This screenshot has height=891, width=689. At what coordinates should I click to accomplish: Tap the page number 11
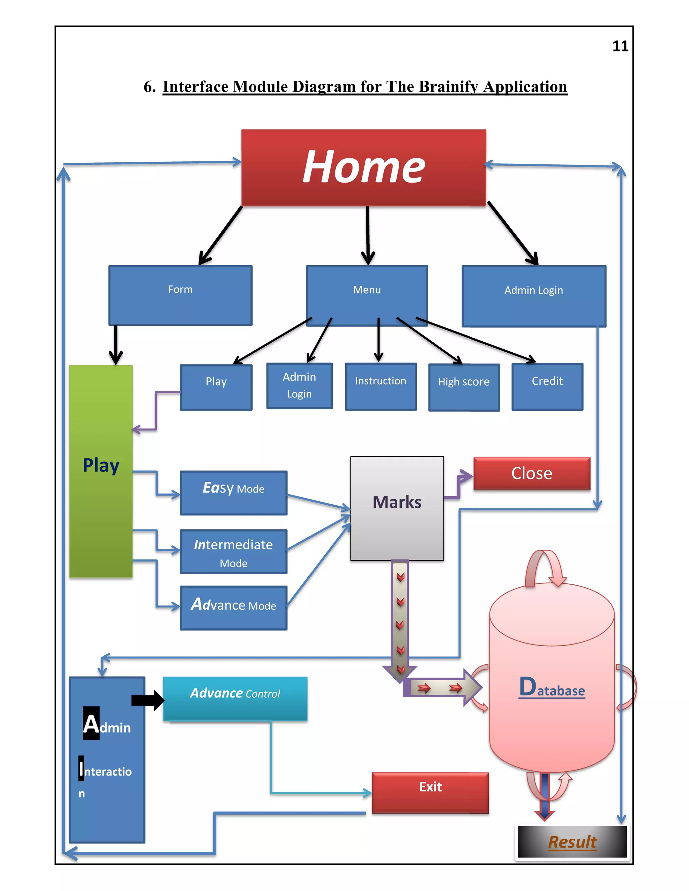pyautogui.click(x=620, y=46)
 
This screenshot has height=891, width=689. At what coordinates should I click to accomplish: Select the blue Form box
pyautogui.click(x=180, y=295)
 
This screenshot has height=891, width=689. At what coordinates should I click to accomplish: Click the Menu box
pyautogui.click(x=367, y=295)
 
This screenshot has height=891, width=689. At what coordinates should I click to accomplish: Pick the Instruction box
pyautogui.click(x=380, y=386)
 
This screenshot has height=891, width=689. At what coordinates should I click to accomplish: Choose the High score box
pyautogui.click(x=464, y=387)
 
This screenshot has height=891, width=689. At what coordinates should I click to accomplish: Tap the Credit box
pyautogui.click(x=547, y=386)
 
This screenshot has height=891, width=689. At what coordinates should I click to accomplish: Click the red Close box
pyautogui.click(x=532, y=473)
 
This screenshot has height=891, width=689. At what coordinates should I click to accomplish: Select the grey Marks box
pyautogui.click(x=397, y=508)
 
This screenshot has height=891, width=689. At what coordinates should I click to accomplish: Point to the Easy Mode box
pyautogui.click(x=233, y=493)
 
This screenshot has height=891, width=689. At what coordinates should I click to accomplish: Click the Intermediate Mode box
pyautogui.click(x=233, y=551)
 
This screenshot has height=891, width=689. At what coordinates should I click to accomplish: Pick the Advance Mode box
pyautogui.click(x=233, y=608)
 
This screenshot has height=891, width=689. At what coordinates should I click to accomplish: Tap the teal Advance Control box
pyautogui.click(x=235, y=698)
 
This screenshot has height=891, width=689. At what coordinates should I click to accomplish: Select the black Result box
pyautogui.click(x=572, y=842)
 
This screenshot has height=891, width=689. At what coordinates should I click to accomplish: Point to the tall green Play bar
pyautogui.click(x=101, y=471)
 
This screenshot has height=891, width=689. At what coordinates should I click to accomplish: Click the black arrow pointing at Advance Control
pyautogui.click(x=147, y=700)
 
